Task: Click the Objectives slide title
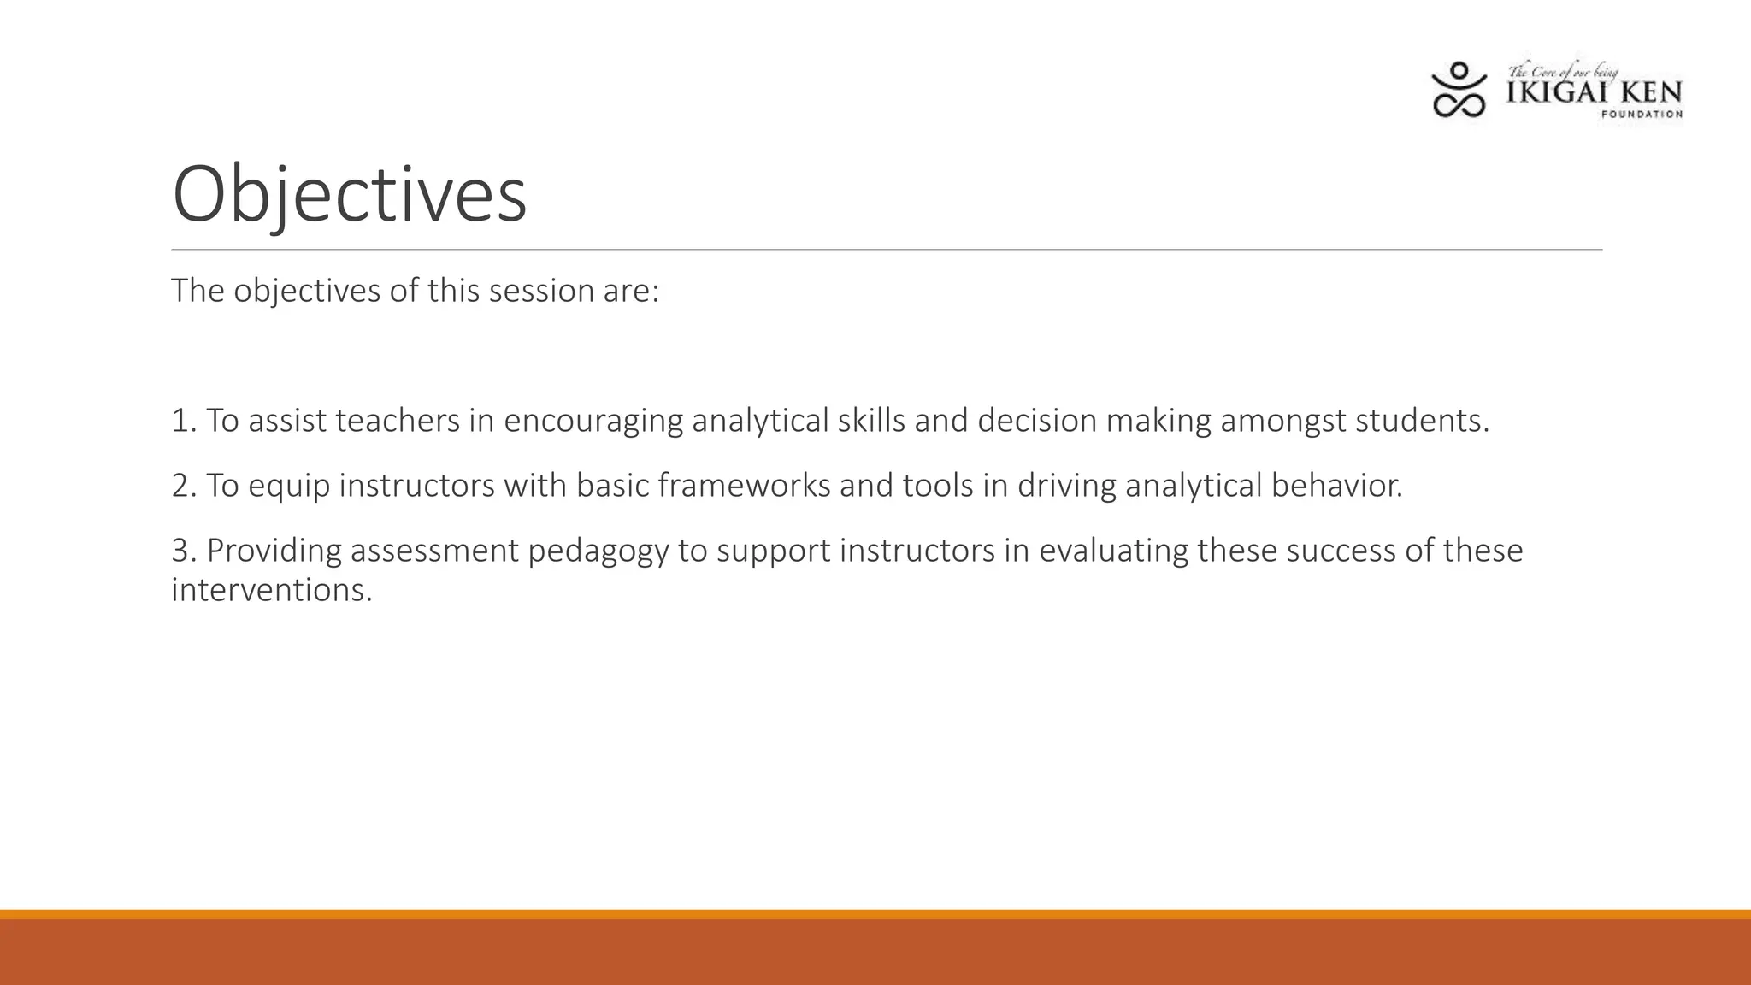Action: click(x=349, y=195)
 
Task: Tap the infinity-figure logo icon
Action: click(x=1459, y=89)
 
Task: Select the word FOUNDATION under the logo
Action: click(x=1641, y=115)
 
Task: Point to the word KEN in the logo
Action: click(x=1650, y=92)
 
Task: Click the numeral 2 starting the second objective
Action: click(x=180, y=486)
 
